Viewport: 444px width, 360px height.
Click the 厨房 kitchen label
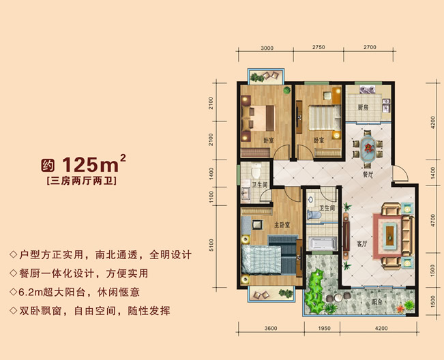(x=363, y=108)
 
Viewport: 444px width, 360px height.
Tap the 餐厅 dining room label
(x=368, y=175)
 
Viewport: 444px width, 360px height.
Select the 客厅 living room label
(x=362, y=243)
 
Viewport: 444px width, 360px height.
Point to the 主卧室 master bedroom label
(x=282, y=225)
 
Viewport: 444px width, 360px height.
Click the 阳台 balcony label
(x=377, y=302)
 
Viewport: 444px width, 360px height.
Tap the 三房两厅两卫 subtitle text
(x=82, y=181)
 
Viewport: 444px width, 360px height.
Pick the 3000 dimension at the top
(x=267, y=48)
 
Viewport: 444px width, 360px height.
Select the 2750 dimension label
(x=319, y=47)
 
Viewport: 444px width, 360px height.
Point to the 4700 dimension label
(x=432, y=220)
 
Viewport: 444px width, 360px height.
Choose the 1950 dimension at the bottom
(x=324, y=329)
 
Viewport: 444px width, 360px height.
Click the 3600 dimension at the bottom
(x=271, y=329)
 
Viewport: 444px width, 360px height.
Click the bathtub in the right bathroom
(x=323, y=243)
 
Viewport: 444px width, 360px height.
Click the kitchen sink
(x=386, y=106)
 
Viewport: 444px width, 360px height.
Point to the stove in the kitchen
(x=367, y=89)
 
